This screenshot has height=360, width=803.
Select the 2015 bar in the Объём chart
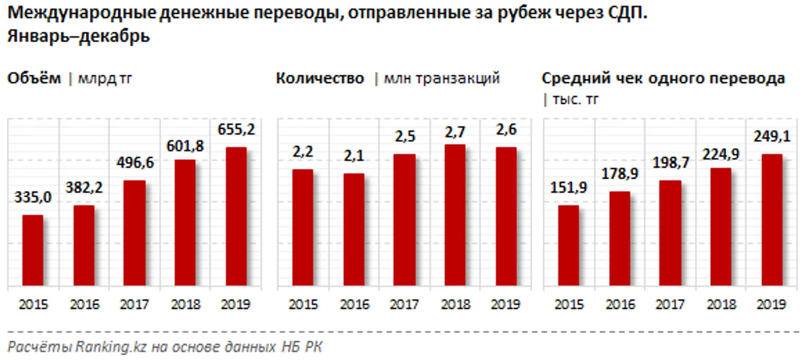click(x=33, y=250)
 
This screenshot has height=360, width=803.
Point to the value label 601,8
click(x=186, y=145)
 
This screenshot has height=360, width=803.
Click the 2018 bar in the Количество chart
click(x=455, y=215)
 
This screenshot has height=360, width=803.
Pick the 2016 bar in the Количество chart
click(x=354, y=230)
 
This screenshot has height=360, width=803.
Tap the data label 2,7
click(x=455, y=130)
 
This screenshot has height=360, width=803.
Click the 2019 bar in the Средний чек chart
click(x=771, y=220)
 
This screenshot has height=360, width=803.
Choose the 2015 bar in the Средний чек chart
click(x=569, y=245)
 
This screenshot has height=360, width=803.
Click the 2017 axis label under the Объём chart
click(x=135, y=305)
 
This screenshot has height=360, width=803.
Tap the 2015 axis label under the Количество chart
click(x=303, y=305)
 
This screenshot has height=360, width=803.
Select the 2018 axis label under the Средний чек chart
click(x=721, y=305)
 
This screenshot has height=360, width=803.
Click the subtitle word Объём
click(x=34, y=78)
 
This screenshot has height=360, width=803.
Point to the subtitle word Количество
click(x=320, y=78)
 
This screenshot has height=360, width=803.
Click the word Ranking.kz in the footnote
click(x=112, y=347)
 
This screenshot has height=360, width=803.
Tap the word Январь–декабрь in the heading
click(x=78, y=37)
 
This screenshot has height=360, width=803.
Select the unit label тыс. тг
click(x=575, y=99)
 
